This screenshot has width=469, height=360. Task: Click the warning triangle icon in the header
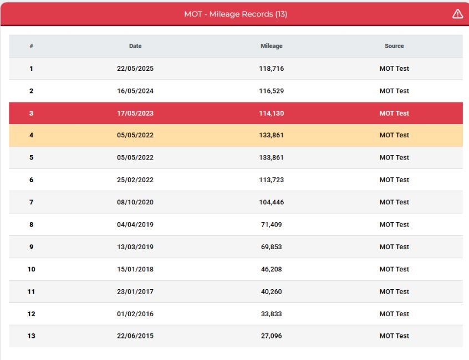point(457,14)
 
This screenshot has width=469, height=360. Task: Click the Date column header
point(135,46)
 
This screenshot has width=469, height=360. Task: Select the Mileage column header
point(271,46)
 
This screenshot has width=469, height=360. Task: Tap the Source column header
point(394,46)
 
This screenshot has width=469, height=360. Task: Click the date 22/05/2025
point(135,69)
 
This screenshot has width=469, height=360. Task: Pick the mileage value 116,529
point(271,91)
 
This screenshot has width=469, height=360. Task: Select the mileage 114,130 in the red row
point(271,113)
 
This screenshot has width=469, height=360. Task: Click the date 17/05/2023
point(135,113)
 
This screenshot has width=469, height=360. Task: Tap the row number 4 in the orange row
point(32,135)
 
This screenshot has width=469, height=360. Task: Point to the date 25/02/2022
point(135,180)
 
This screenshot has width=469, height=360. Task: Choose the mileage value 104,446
point(271,202)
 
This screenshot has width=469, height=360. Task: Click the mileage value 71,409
point(271,224)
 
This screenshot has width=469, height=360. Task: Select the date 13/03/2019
point(135,247)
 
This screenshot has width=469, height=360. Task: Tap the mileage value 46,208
point(271,269)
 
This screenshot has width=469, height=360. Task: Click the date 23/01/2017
point(135,291)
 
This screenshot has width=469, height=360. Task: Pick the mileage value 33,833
point(271,314)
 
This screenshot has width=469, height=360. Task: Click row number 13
point(32,336)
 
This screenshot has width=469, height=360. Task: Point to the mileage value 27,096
point(271,336)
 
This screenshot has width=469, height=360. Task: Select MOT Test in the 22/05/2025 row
point(394,69)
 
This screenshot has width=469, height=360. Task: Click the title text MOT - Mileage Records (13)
point(236,14)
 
